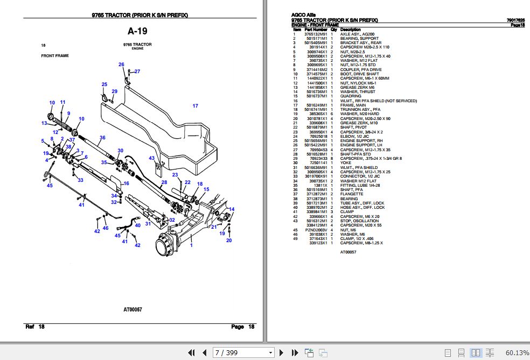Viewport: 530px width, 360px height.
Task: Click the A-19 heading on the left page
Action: [x=137, y=31]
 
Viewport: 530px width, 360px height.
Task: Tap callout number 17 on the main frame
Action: [x=195, y=106]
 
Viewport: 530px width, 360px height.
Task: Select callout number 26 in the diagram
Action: [x=121, y=65]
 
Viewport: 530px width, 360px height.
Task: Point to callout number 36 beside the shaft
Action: [x=102, y=137]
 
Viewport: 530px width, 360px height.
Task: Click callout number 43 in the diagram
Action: [x=152, y=158]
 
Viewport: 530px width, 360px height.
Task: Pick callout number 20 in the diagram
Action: [x=229, y=240]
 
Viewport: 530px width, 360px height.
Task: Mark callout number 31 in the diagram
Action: [x=148, y=224]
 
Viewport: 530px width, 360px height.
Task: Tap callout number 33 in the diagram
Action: [x=80, y=180]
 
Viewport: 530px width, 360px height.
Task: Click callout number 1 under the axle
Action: [x=190, y=245]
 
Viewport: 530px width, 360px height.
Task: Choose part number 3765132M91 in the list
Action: [x=316, y=34]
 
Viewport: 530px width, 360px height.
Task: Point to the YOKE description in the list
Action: [x=345, y=163]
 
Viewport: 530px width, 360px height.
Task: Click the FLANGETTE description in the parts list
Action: [x=352, y=194]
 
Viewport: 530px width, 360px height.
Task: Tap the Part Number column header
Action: [x=316, y=30]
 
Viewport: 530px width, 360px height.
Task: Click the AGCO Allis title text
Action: [x=303, y=15]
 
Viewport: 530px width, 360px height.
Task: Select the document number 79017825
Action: [x=515, y=20]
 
